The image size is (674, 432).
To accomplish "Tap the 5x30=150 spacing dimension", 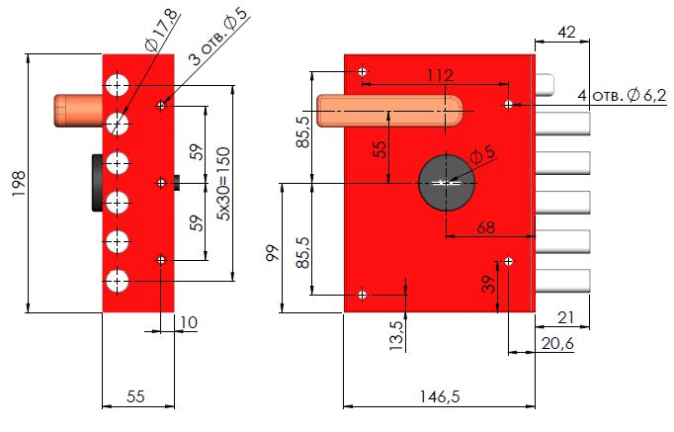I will pos(224,184).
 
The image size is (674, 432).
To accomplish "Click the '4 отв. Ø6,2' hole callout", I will pos(622,95).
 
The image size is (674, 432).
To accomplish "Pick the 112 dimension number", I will pos(440,75).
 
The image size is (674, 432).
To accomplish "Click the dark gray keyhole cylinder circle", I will pos(447,183).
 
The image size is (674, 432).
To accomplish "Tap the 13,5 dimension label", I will pos(396,336).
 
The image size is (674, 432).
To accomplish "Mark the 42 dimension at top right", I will pos(567,32).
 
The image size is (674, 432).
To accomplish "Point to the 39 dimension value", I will pos(487,286).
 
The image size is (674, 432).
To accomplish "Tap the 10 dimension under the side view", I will pos(189,322).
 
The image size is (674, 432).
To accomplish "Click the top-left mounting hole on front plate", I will pos(364,72).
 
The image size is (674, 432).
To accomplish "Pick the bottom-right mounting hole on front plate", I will pos(508,261).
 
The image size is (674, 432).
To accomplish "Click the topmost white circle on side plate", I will pos(119,83).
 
